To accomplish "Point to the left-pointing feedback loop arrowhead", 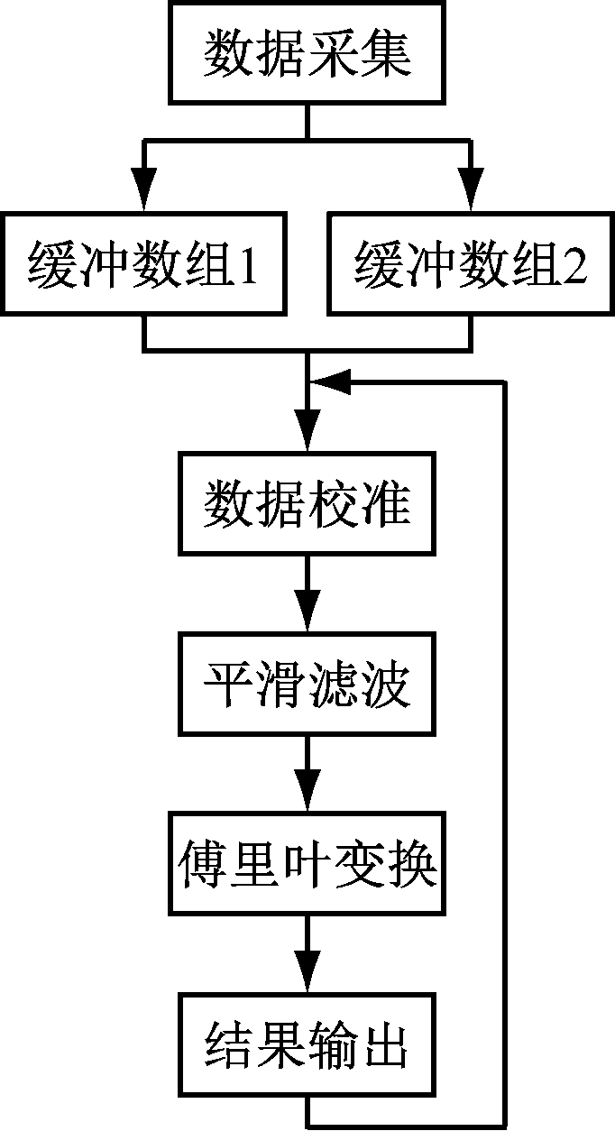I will point(329,383).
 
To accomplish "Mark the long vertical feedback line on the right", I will point(506,749).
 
